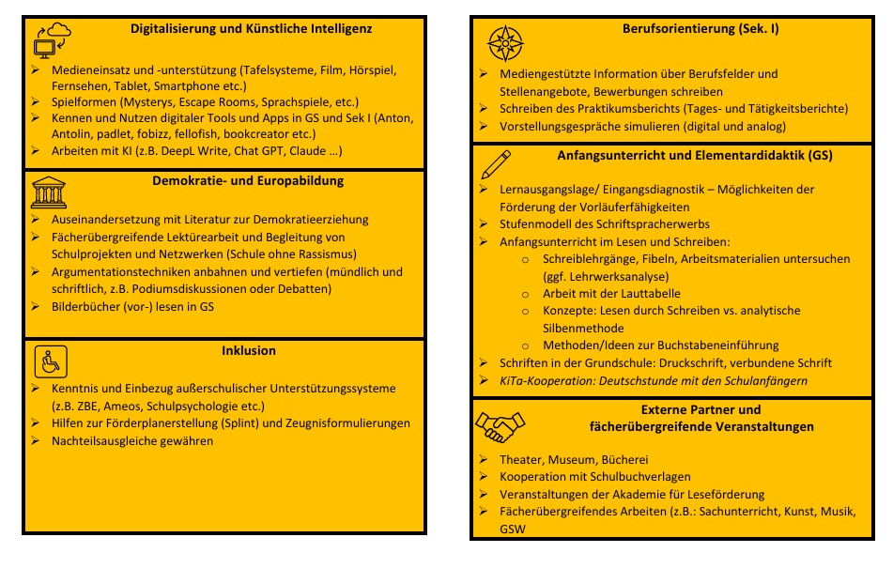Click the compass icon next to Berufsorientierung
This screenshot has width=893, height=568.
coord(505,42)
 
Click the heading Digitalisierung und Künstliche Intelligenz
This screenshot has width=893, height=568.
coord(251,29)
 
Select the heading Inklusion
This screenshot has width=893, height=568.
coord(248,351)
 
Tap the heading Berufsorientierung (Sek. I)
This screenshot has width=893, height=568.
coord(701,29)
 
